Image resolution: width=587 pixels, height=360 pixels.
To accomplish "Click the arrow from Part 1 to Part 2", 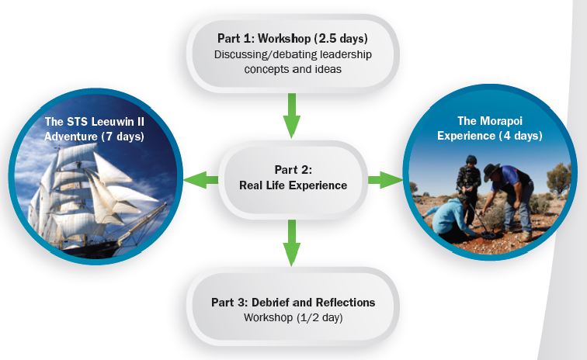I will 291,114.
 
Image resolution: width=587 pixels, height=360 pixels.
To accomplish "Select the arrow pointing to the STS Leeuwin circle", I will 201,180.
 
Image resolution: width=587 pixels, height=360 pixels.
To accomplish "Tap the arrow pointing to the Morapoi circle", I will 383,180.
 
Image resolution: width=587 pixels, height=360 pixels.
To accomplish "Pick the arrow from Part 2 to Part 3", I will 291,242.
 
